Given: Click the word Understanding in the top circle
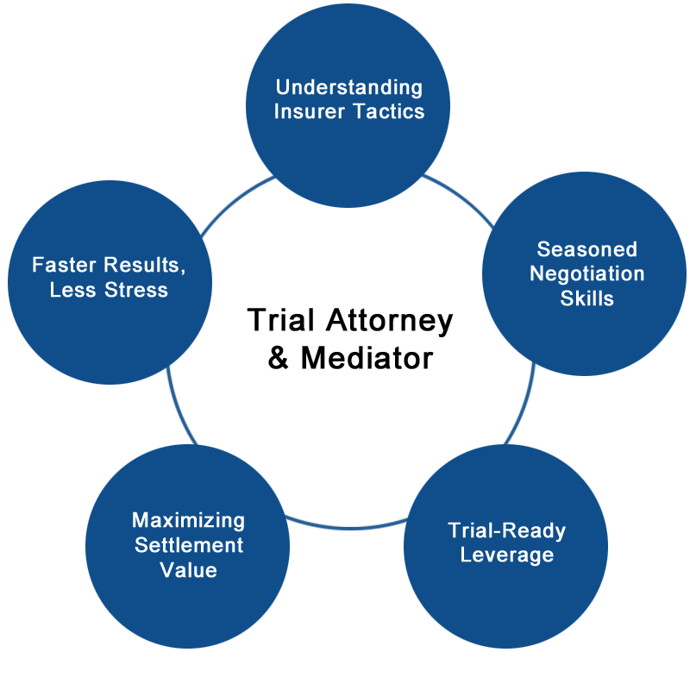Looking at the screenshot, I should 348,87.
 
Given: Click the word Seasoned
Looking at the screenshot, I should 586,249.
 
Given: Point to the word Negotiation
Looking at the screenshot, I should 586,273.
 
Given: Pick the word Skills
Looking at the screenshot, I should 586,298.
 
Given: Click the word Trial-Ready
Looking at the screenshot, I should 506,530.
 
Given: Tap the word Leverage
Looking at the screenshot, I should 506,554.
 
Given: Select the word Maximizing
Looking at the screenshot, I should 188,520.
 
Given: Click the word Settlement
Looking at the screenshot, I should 188,545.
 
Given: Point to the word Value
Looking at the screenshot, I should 188,569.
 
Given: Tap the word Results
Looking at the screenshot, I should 143,265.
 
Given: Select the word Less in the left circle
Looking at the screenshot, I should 72,289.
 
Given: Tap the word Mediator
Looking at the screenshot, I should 367,357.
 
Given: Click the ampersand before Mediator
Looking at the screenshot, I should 279,357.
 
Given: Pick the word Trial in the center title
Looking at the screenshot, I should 281,321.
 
